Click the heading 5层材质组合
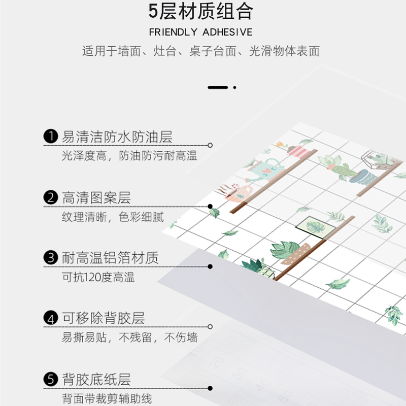pos(201,11)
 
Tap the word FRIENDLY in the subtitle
pos(173,32)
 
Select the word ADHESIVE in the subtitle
pos(227,32)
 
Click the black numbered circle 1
pos(50,137)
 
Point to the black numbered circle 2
pos(50,197)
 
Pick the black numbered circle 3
pos(50,258)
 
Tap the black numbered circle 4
pos(50,319)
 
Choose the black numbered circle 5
pos(50,379)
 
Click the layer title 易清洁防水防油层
pos(117,137)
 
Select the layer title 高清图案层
pos(96,197)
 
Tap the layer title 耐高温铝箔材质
pos(110,258)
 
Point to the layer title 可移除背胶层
pos(104,319)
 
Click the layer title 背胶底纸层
pos(96,379)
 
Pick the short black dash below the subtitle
pos(218,87)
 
